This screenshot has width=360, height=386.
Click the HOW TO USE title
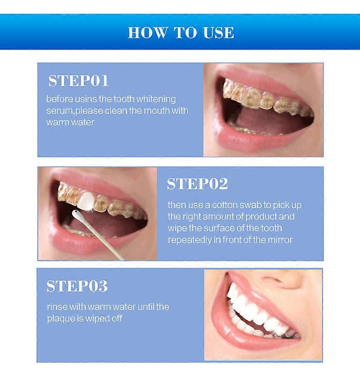coord(181,33)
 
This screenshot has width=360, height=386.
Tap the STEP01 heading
coord(78,81)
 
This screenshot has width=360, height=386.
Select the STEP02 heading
coord(197,184)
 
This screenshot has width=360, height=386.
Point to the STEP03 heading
coord(77,286)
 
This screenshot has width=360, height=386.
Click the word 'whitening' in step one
coord(156,99)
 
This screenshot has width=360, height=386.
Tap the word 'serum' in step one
coord(59,111)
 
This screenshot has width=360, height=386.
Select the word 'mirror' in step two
coord(280,240)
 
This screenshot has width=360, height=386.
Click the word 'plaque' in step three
coord(60,319)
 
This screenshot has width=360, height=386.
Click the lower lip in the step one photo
coord(256,142)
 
